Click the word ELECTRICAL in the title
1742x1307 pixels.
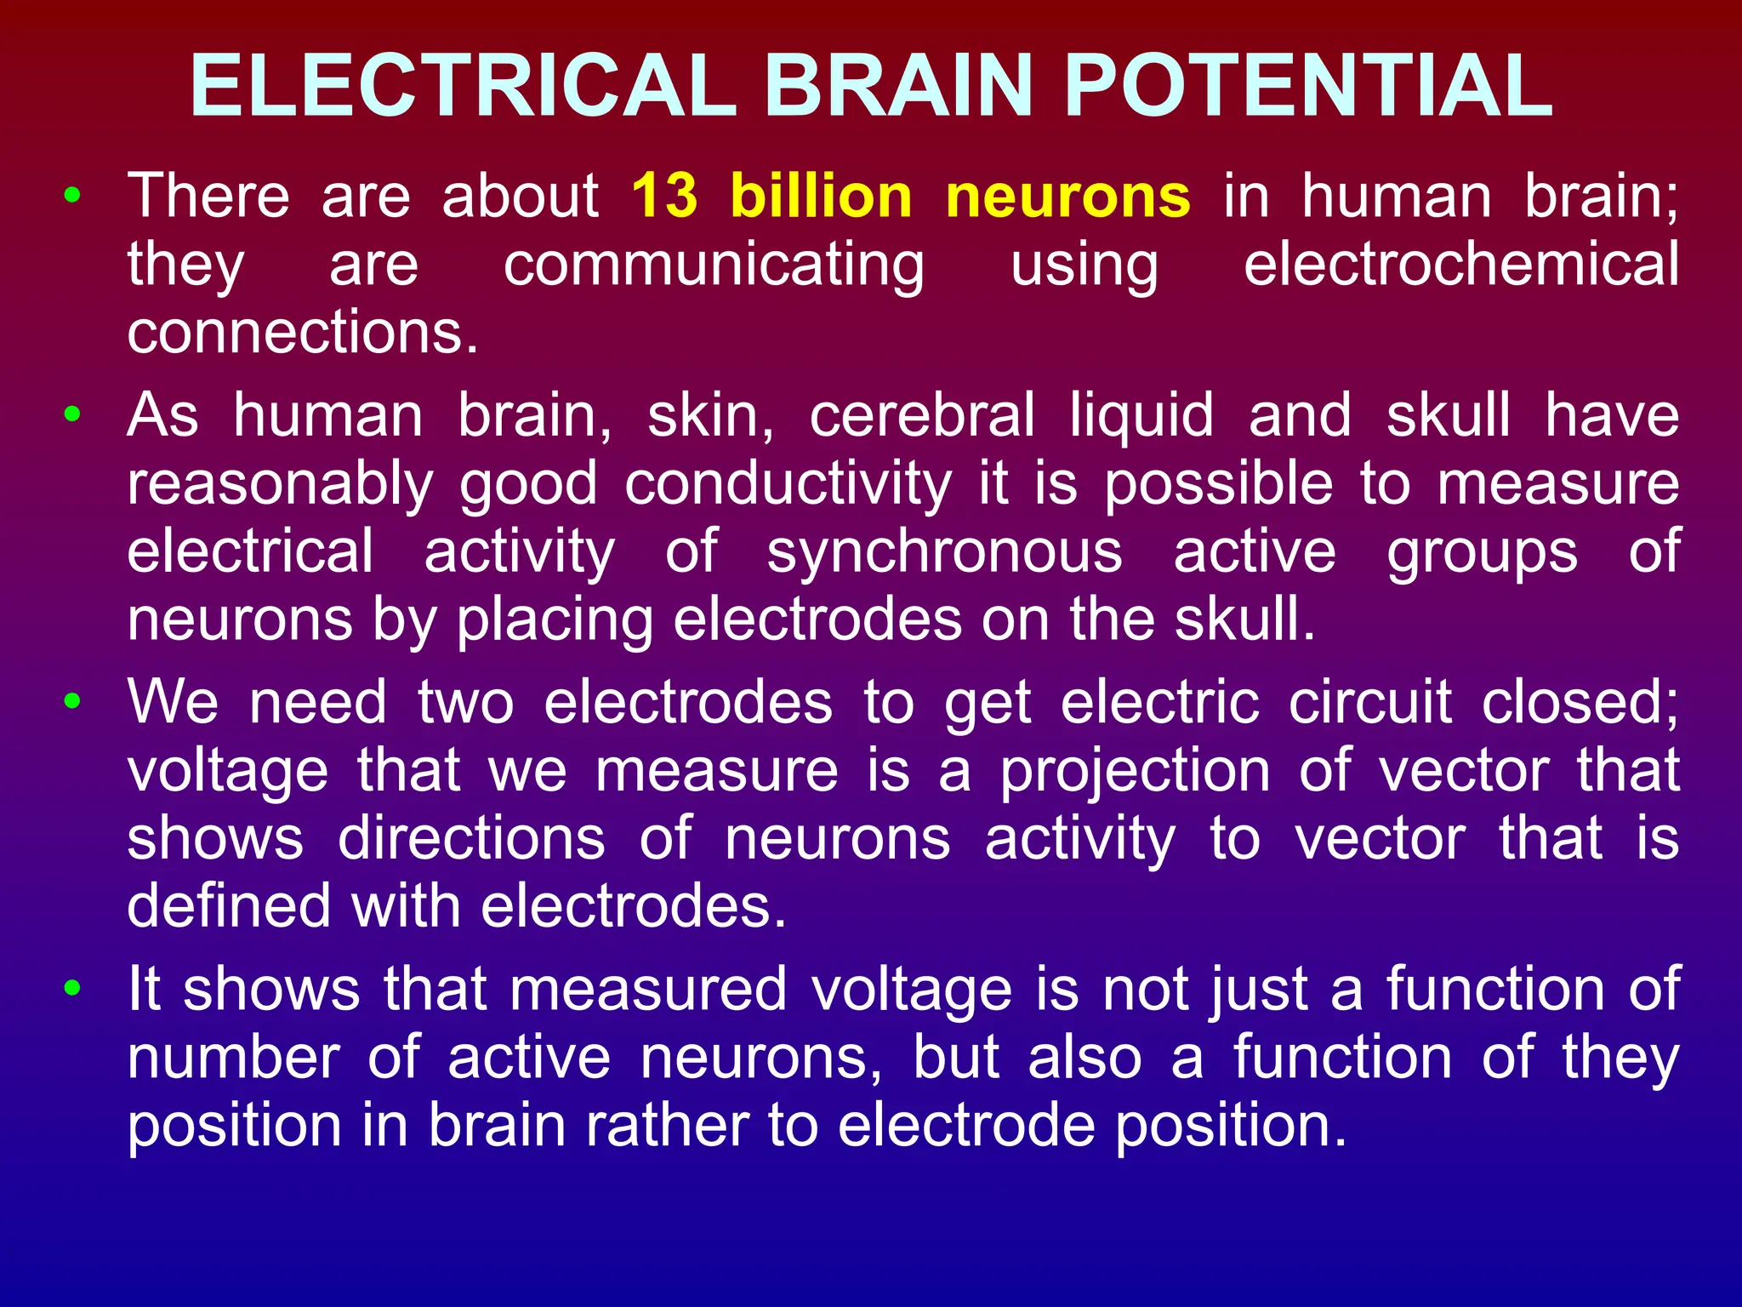click(x=464, y=86)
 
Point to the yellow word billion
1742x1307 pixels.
click(x=821, y=196)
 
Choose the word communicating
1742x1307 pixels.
click(x=714, y=265)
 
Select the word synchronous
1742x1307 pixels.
click(x=944, y=553)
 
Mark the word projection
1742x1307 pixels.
click(x=1135, y=773)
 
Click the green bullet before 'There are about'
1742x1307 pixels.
click(x=72, y=196)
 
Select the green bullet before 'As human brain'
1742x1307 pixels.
click(x=72, y=415)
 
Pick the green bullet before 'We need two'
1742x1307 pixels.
click(x=72, y=702)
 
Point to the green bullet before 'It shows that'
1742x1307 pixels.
click(x=72, y=989)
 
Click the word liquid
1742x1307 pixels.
click(x=1141, y=417)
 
